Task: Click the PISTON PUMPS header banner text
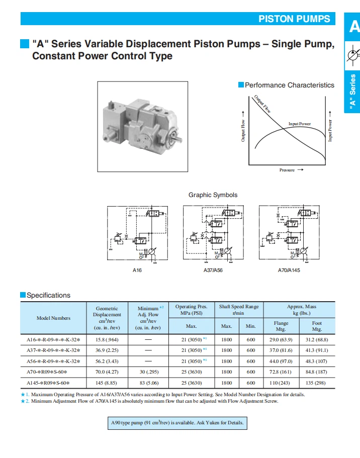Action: point(294,19)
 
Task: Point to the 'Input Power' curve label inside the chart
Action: point(299,124)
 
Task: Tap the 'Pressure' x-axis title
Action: point(288,170)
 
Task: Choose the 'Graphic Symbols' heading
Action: point(213,195)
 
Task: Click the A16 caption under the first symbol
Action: point(137,270)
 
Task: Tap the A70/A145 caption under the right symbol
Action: point(289,270)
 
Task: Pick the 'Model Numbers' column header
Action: point(53,318)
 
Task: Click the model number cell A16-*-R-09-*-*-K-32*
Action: point(53,340)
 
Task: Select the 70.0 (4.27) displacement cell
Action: point(107,372)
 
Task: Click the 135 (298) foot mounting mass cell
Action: point(316,383)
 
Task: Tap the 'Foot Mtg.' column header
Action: point(316,326)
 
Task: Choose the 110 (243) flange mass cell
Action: point(281,383)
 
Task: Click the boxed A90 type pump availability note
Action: point(177,423)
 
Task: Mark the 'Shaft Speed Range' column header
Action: point(238,310)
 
